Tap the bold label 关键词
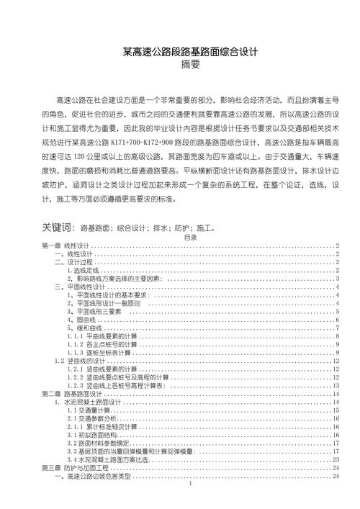(58, 228)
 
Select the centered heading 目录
(191, 237)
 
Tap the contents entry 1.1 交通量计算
(87, 410)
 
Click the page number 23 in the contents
(336, 459)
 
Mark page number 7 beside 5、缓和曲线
(338, 328)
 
